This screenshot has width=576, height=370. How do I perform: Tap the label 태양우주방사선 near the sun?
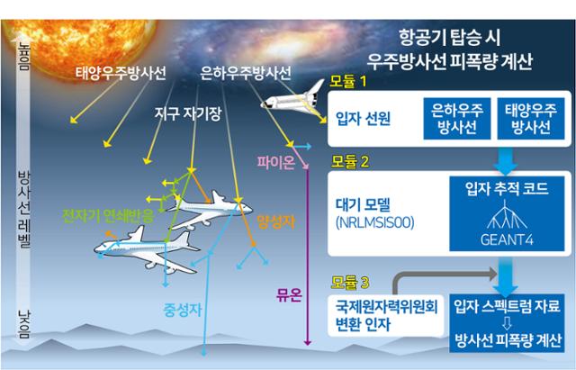121,73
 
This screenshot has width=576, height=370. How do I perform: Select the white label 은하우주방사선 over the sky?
246,73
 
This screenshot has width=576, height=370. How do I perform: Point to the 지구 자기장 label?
188,113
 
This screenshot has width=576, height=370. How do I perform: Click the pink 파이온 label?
275,162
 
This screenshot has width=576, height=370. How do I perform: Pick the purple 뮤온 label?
289,294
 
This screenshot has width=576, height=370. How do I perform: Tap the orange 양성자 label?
276,221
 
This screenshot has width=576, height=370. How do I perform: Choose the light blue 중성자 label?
183,310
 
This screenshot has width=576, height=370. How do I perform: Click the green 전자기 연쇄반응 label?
108,216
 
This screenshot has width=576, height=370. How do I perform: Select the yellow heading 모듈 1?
348,81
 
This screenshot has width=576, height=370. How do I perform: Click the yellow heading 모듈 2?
349,161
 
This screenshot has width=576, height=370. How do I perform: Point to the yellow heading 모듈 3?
349,282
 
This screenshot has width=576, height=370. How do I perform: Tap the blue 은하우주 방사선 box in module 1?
457,119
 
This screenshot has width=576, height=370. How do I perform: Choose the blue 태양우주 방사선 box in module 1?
531,119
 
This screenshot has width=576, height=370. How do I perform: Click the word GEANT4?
507,239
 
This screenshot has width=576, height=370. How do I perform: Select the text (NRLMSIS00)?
375,222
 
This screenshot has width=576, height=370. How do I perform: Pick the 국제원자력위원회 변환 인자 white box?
386,315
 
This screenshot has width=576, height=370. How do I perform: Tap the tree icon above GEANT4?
507,214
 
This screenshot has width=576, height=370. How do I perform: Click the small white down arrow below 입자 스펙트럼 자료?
507,323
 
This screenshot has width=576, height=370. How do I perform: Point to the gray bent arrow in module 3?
434,274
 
